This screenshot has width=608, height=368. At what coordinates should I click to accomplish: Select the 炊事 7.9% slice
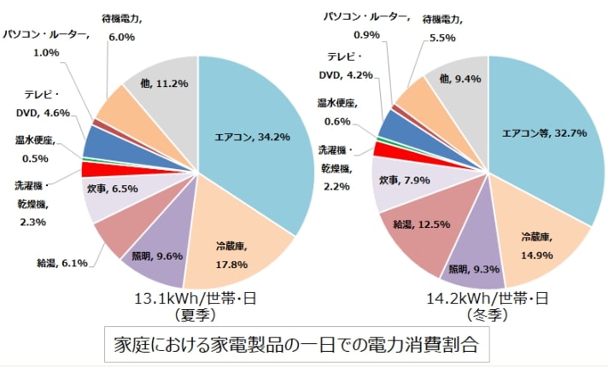400,181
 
